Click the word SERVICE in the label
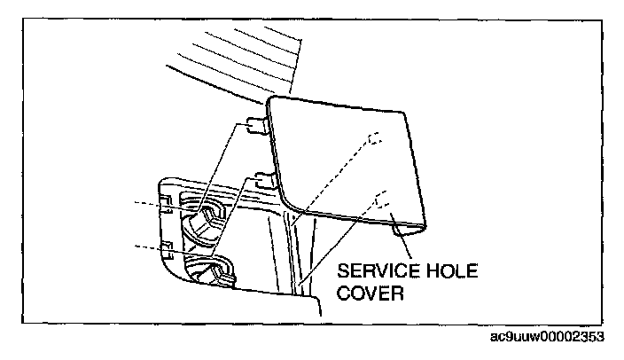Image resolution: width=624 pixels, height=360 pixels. (x=372, y=270)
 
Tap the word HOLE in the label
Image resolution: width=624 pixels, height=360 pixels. (x=448, y=270)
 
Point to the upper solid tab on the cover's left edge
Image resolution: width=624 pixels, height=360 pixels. (x=256, y=123)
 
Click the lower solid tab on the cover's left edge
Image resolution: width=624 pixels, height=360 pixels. (x=262, y=178)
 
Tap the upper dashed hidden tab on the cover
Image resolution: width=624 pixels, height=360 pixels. (x=374, y=139)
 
